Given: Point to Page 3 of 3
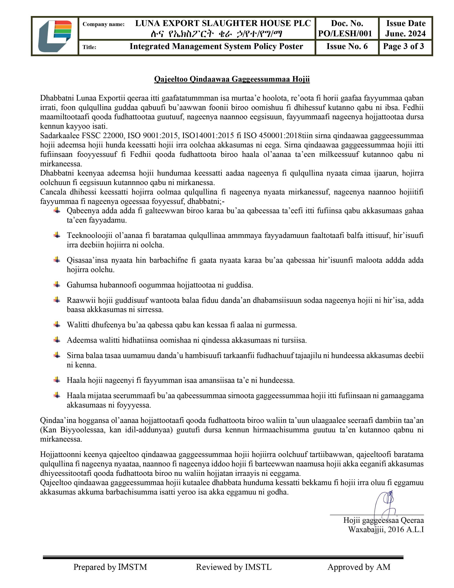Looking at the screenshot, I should click(x=403, y=46).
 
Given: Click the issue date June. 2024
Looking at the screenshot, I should click(x=405, y=33).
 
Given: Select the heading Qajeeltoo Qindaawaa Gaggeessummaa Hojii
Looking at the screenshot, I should click(x=232, y=79).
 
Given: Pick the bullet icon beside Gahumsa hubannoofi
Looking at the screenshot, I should click(x=57, y=284).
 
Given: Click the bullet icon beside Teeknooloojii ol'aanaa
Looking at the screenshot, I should click(x=57, y=235).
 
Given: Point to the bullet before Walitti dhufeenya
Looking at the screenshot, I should click(x=57, y=324).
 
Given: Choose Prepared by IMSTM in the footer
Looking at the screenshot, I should click(x=110, y=567).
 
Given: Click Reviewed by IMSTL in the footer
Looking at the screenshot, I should click(x=234, y=567).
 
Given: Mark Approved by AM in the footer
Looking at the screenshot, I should click(x=359, y=567).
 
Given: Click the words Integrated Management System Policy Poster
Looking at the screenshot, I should click(x=216, y=46).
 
